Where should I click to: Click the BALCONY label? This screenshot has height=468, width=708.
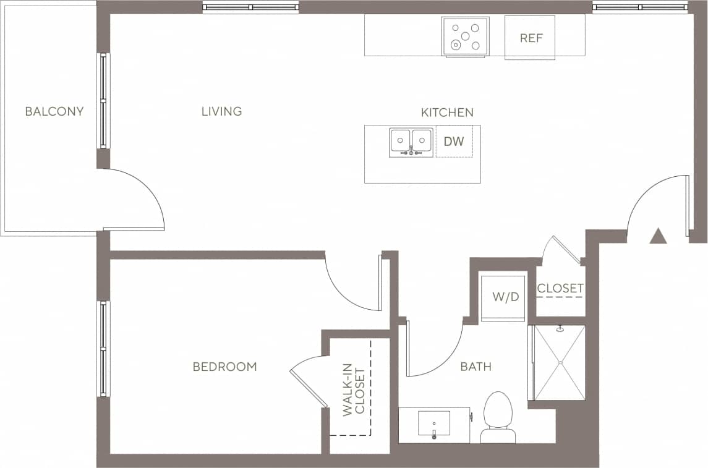click(54, 112)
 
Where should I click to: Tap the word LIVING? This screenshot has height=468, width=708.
click(221, 112)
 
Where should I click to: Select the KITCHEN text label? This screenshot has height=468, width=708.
click(447, 113)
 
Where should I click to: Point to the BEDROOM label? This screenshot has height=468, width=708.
click(224, 367)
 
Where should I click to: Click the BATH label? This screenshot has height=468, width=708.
click(476, 367)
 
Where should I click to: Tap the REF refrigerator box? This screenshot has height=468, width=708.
click(531, 38)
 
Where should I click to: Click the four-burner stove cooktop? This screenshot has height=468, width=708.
click(465, 36)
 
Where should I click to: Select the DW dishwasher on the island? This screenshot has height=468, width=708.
click(454, 142)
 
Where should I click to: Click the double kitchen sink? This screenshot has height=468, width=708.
click(411, 142)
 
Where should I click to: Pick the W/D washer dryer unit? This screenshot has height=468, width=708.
click(505, 297)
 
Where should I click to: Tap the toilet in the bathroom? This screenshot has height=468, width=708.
click(498, 417)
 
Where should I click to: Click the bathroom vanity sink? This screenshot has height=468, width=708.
click(434, 424)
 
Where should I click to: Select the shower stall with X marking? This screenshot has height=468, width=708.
click(559, 363)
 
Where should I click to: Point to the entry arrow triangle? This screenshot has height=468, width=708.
click(658, 236)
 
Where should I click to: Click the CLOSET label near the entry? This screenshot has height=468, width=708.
click(560, 289)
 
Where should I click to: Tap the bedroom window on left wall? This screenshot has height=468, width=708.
click(103, 349)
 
